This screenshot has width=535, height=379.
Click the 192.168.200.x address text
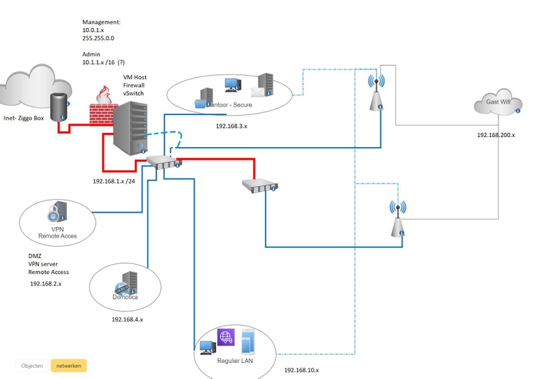[x=496, y=135]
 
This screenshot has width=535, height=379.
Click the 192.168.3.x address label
[x=231, y=126]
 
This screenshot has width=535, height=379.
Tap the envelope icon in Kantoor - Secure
[x=259, y=92]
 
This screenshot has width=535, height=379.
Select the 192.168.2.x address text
[x=46, y=284]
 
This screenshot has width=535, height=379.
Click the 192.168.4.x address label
[x=127, y=320]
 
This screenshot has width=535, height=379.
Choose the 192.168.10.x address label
[x=302, y=370]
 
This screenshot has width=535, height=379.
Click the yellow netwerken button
[x=69, y=366]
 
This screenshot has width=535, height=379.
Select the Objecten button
[x=32, y=366]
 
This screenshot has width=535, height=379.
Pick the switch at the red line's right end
[x=260, y=186]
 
